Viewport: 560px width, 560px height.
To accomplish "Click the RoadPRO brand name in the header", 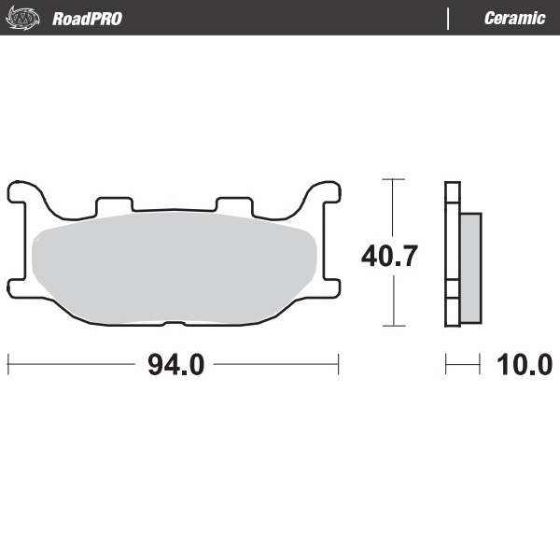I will [87, 19].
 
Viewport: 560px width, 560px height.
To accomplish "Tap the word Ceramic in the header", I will [514, 19].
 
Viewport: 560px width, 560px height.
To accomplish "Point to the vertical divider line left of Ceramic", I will [449, 19].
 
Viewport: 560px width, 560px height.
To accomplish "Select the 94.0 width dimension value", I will [175, 365].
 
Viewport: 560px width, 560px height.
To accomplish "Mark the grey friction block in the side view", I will [470, 266].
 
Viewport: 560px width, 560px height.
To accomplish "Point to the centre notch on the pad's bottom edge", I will [173, 323].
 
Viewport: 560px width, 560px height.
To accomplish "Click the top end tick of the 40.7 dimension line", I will [393, 178].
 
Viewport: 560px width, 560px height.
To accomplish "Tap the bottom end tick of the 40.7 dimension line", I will [393, 326].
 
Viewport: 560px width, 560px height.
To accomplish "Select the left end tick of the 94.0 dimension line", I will [8, 365].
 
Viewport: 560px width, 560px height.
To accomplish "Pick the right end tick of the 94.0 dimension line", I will [338, 365].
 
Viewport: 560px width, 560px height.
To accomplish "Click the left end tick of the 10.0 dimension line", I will [446, 365].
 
